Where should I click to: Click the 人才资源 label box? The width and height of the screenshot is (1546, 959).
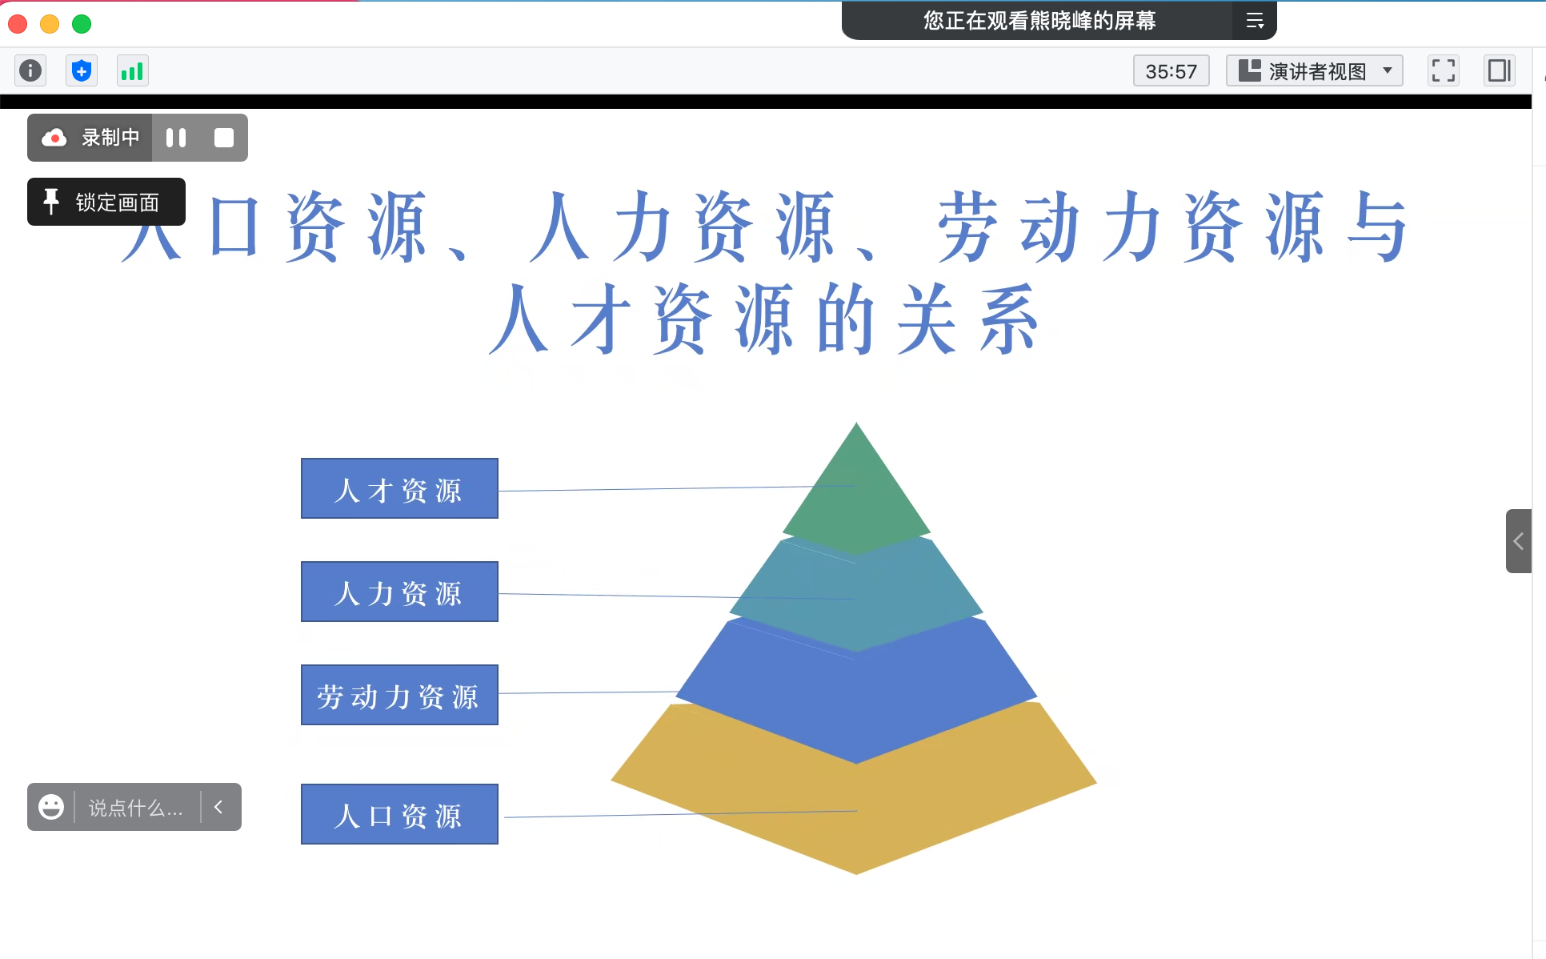[x=399, y=488]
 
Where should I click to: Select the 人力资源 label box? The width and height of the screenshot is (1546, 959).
[x=399, y=592]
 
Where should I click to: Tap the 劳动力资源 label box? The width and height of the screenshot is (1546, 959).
[x=399, y=695]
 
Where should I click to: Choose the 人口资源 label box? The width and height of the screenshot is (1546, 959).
[x=399, y=814]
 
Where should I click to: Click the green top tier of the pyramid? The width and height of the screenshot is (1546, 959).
[x=856, y=496]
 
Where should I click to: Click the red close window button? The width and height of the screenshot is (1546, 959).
[x=18, y=24]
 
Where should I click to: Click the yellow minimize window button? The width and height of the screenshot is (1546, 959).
[x=50, y=24]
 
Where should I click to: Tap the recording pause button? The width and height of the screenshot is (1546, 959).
[x=176, y=138]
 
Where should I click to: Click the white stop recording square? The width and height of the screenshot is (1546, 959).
[x=224, y=138]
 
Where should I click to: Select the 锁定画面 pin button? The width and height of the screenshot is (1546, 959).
[x=106, y=202]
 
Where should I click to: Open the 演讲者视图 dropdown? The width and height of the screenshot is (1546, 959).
[x=1315, y=71]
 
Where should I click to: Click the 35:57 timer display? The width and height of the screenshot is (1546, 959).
[x=1172, y=71]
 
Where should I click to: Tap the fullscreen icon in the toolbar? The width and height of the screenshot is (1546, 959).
[x=1444, y=70]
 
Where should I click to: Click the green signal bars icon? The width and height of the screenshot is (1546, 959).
[x=132, y=71]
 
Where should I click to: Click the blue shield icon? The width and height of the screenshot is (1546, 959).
[x=82, y=71]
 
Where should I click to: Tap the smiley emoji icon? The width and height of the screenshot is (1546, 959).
[x=51, y=807]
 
